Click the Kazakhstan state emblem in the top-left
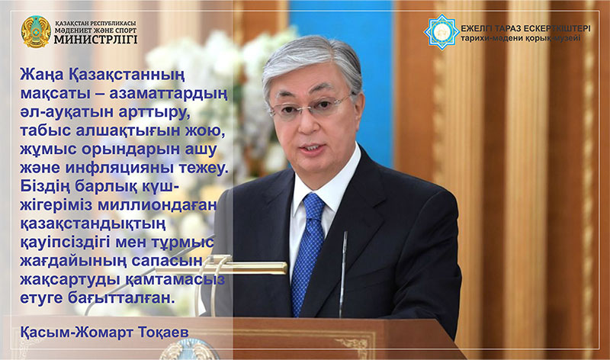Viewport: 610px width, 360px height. [x=35, y=31]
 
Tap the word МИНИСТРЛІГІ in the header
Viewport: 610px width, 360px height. [x=94, y=38]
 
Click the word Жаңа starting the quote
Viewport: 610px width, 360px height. [x=40, y=75]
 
